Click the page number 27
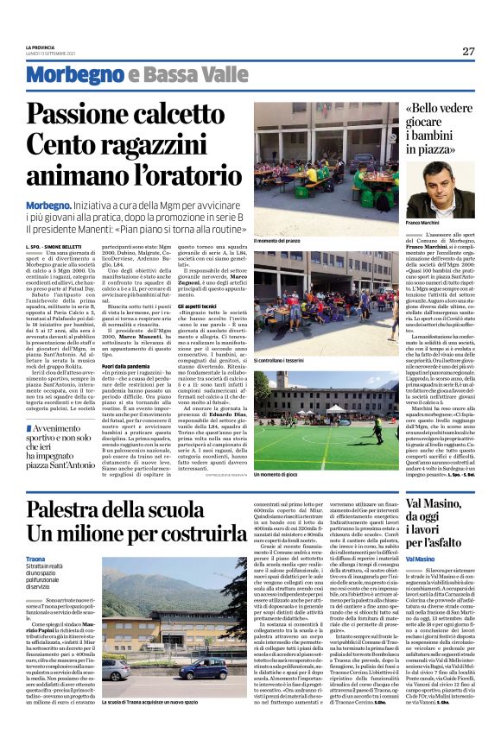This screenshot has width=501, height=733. [467, 51]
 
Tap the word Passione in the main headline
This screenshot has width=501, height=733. [83, 111]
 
